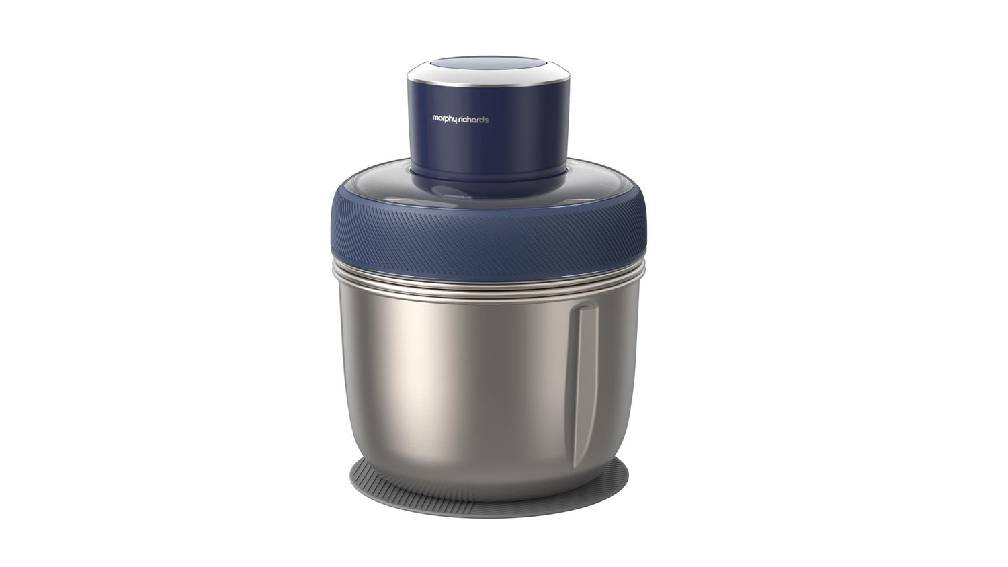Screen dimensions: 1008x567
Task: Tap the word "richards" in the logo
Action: pyautogui.click(x=474, y=120)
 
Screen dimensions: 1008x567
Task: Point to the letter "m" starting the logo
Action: pyautogui.click(x=435, y=118)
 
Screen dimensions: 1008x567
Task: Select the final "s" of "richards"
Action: pyautogui.click(x=487, y=120)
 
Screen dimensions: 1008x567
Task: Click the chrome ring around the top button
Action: pyautogui.click(x=489, y=82)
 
